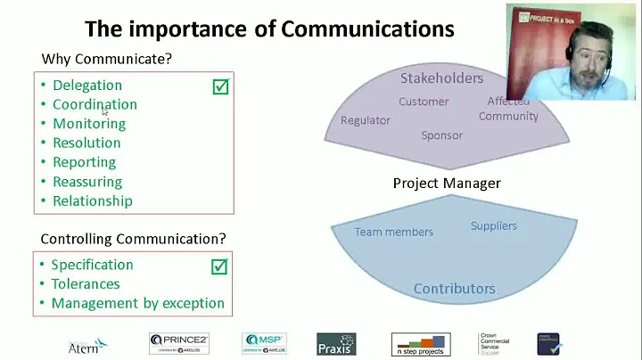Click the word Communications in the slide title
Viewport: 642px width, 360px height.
(368, 29)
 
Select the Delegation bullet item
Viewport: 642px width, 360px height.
(86, 86)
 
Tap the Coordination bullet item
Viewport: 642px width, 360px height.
(95, 104)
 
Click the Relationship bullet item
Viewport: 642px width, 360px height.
(93, 200)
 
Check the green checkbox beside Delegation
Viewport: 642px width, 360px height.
(220, 86)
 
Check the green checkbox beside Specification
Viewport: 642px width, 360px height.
(219, 266)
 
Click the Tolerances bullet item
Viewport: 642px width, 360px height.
(86, 284)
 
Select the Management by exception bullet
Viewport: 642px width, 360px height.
(137, 303)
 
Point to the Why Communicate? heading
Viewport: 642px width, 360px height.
(106, 60)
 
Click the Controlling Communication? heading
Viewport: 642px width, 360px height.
(134, 239)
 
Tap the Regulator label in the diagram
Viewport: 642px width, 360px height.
(366, 120)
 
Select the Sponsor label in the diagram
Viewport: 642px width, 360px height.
(442, 135)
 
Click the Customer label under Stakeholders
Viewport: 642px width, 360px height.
(424, 102)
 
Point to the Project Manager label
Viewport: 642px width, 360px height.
(447, 184)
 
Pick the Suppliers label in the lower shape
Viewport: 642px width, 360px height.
(493, 225)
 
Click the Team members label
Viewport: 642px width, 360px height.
(393, 232)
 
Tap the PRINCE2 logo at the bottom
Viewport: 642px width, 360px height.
(179, 343)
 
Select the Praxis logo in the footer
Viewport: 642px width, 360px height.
(336, 344)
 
